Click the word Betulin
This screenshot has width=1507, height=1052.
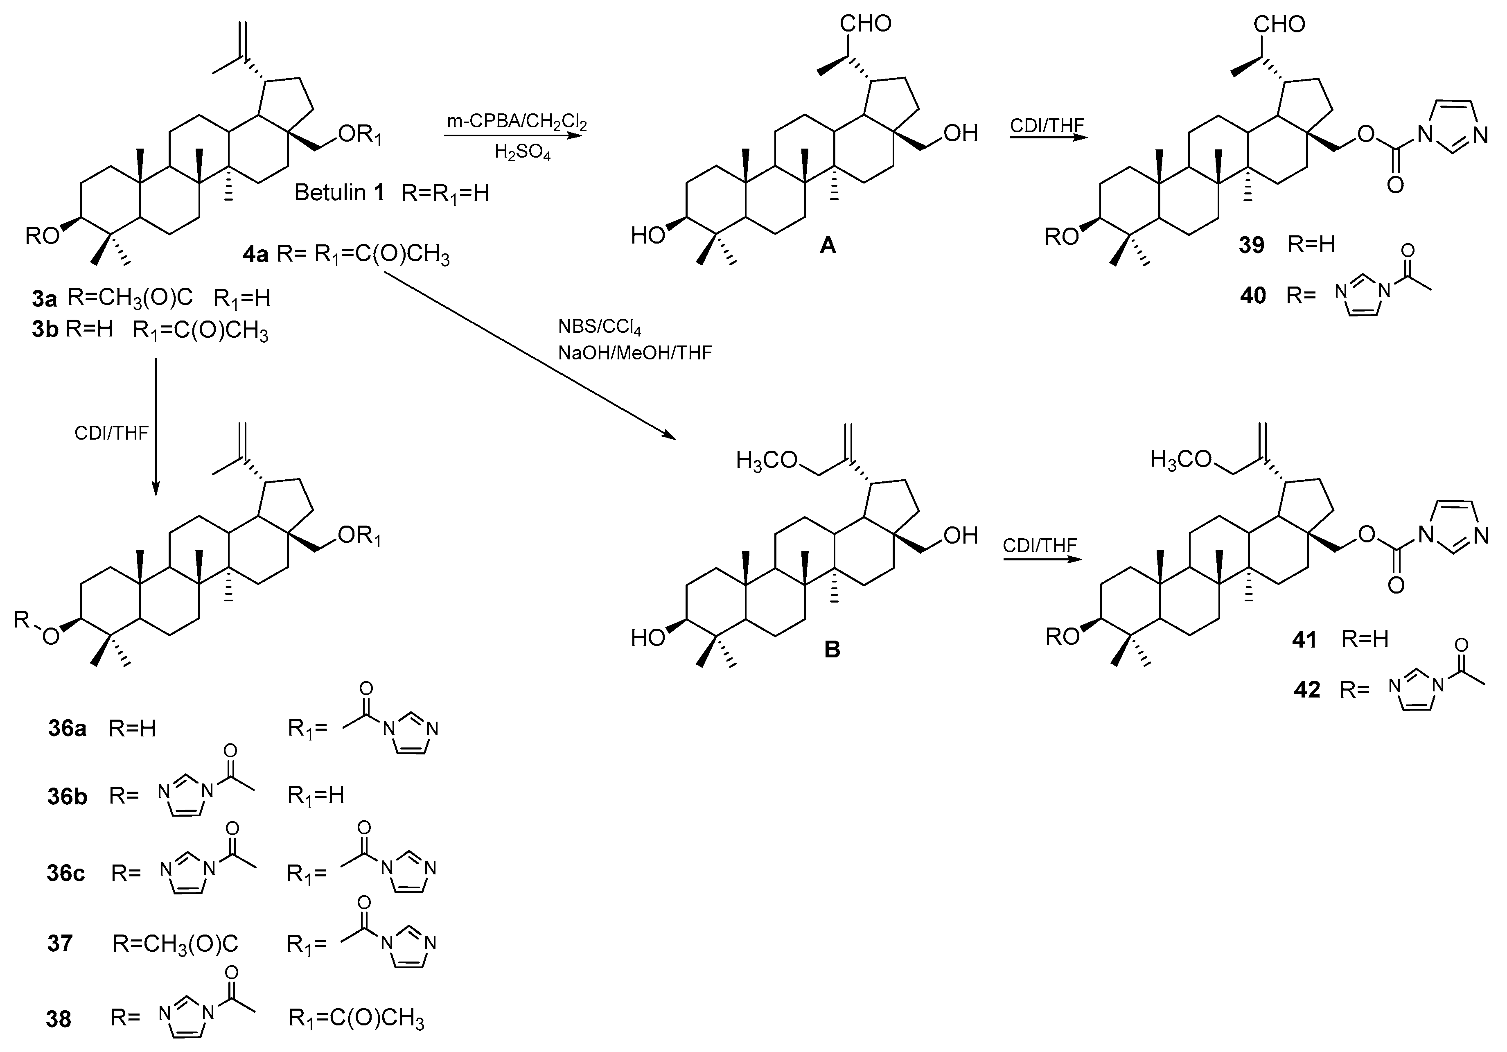click(x=329, y=193)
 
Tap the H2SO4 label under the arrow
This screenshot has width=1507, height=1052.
click(x=523, y=153)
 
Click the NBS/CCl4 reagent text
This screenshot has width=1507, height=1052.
click(x=599, y=326)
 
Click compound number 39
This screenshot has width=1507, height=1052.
click(x=1252, y=245)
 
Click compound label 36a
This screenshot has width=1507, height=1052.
click(x=67, y=729)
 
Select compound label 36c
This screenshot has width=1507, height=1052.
click(x=65, y=874)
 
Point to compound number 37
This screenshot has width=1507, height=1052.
click(x=60, y=944)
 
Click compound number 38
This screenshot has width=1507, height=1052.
click(x=59, y=1019)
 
